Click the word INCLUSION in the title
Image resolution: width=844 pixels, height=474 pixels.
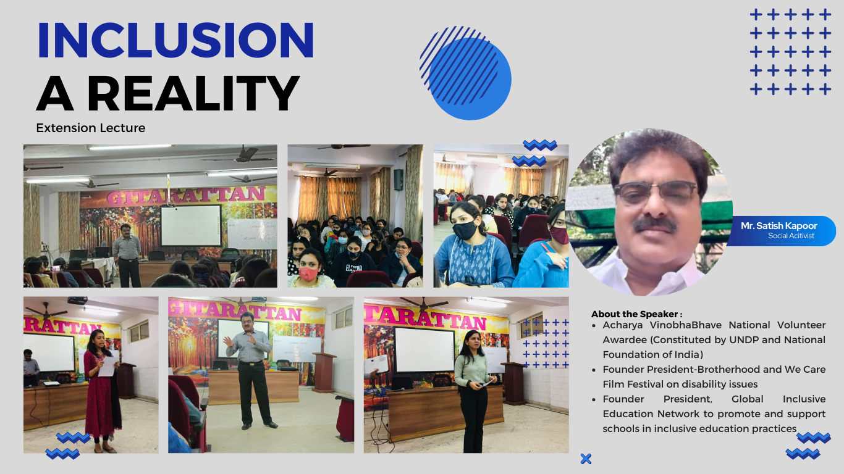point(175,40)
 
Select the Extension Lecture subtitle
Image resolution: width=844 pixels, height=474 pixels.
point(91,128)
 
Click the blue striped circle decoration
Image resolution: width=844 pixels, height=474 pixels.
point(466,73)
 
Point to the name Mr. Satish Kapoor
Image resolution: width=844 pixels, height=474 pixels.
point(779,225)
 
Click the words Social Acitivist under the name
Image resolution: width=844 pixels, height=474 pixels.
point(791,236)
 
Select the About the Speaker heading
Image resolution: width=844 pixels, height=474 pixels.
point(637,314)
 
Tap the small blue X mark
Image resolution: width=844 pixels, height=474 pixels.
point(586,459)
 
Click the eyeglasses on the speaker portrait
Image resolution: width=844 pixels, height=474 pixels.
point(656,193)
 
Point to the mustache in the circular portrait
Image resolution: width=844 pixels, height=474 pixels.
point(655,225)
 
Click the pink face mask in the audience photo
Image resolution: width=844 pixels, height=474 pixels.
point(308,273)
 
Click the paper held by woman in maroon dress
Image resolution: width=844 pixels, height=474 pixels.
point(108,365)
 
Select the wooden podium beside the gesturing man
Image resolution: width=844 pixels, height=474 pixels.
point(323,373)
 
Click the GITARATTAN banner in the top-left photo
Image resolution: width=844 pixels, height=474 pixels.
point(186,195)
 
